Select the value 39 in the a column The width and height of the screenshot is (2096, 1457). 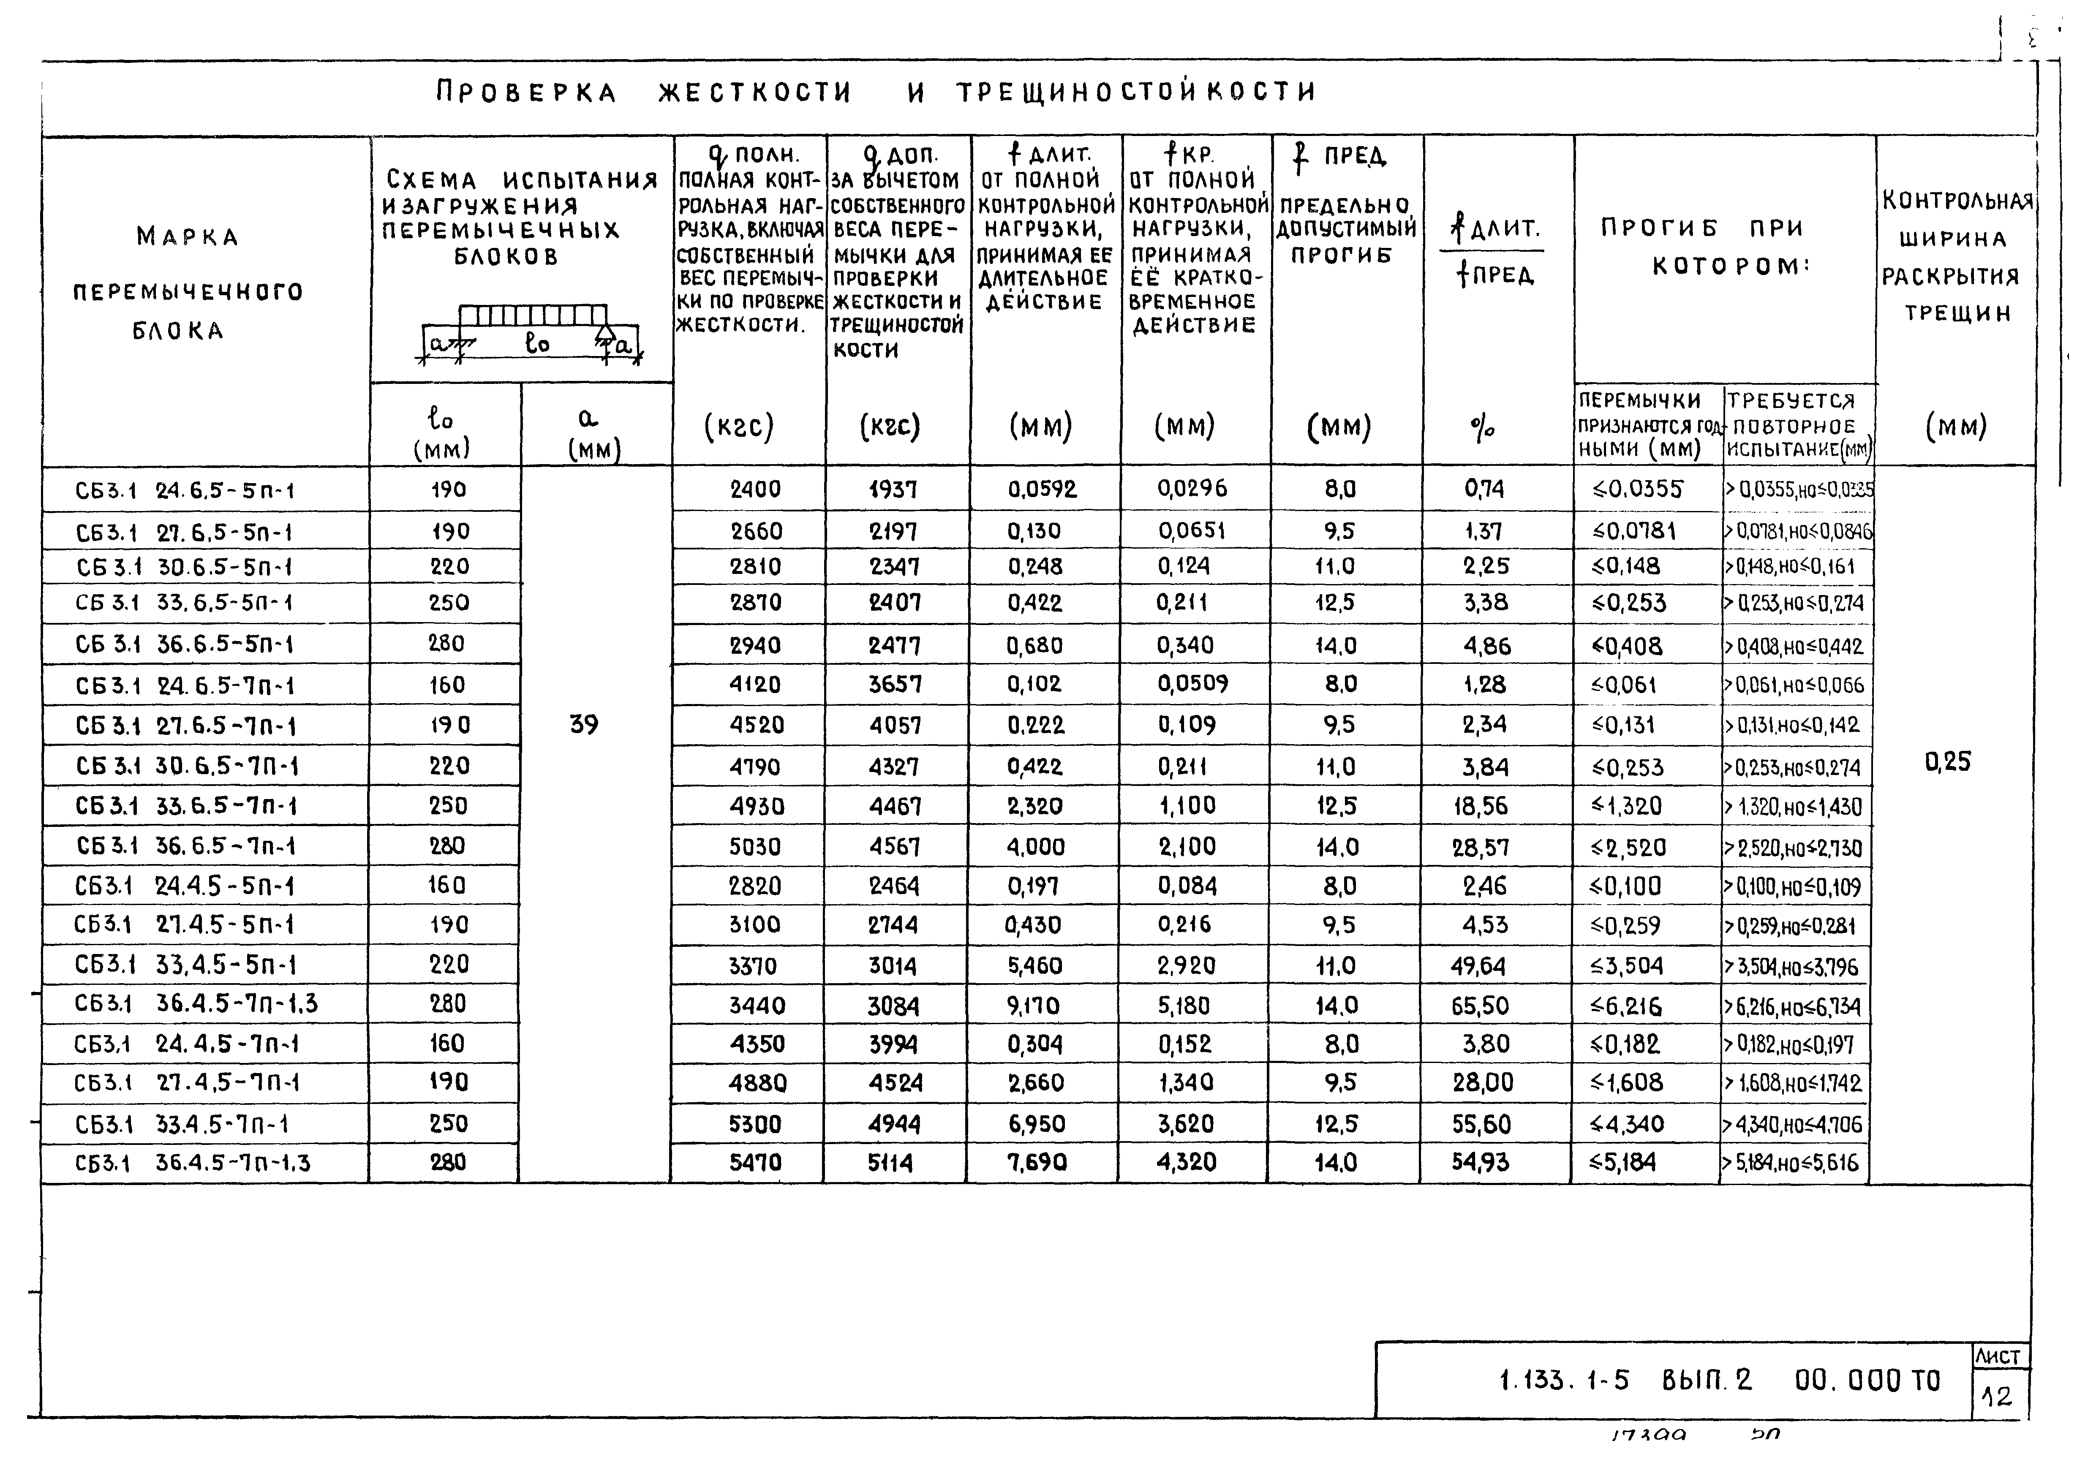(584, 725)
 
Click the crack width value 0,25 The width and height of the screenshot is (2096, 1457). (1948, 761)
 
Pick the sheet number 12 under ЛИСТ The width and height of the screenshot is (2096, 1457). (1996, 1397)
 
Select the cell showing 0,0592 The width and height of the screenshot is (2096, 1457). (1043, 489)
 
